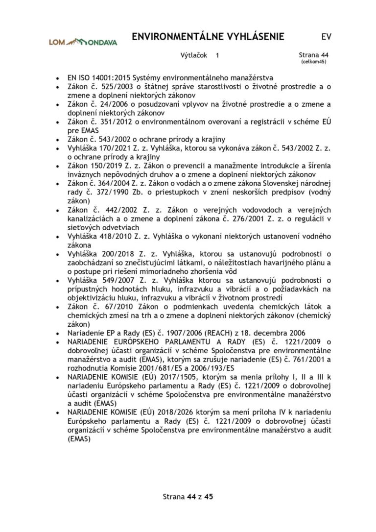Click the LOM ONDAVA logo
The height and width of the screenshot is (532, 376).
(x=83, y=42)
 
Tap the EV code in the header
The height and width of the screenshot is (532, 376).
(x=326, y=37)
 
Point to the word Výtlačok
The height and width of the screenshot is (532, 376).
(x=194, y=56)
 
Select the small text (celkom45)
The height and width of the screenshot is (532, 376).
(x=313, y=62)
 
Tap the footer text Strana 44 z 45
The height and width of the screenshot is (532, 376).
(x=188, y=496)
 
